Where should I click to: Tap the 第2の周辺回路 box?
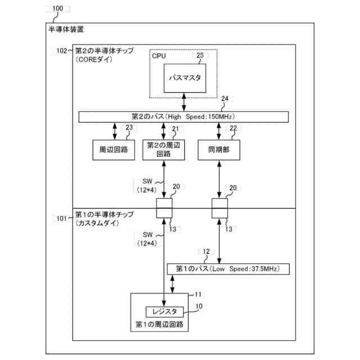[163, 149]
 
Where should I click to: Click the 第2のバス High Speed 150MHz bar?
[183, 116]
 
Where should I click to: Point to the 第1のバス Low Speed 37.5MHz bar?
[228, 269]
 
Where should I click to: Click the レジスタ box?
[165, 311]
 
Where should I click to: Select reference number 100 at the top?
[57, 10]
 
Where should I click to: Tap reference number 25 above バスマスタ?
[200, 55]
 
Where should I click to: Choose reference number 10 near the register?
[199, 306]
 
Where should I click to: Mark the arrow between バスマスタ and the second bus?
[184, 101]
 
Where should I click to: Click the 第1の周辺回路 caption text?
[162, 325]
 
